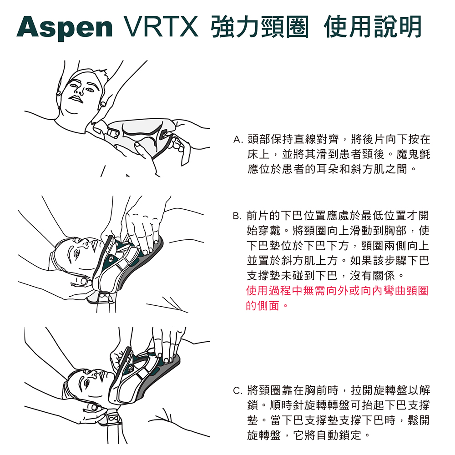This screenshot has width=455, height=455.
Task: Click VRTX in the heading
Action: coord(161,27)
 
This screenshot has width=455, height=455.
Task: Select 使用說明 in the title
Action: coord(372,27)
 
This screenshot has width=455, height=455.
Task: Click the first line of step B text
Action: coord(337,215)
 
